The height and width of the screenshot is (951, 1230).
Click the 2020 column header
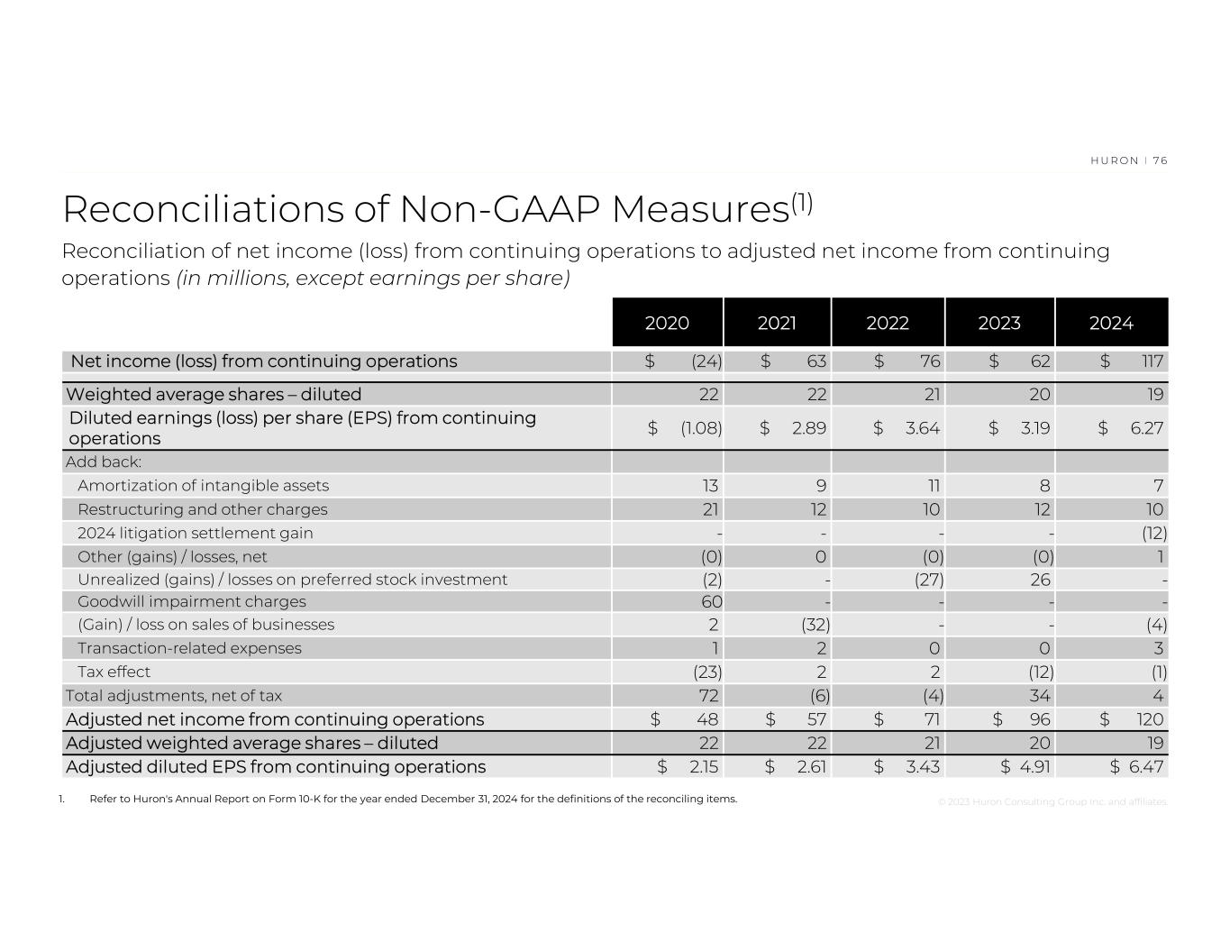click(x=667, y=323)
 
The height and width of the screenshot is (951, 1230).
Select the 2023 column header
click(x=999, y=323)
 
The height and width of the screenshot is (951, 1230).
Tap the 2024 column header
click(x=1111, y=323)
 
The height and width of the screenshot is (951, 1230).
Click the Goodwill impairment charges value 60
click(x=710, y=601)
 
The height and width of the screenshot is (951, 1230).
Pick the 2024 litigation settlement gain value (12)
click(x=1153, y=533)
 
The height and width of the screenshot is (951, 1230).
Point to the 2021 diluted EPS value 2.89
click(x=809, y=428)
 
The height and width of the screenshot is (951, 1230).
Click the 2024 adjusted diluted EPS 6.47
click(x=1146, y=766)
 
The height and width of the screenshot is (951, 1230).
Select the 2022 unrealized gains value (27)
click(x=928, y=580)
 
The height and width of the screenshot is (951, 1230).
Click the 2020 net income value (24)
click(x=706, y=361)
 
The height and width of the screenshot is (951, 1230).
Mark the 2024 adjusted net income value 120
click(x=1150, y=719)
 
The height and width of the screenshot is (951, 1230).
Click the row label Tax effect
click(x=114, y=672)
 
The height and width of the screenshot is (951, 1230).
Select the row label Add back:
click(x=104, y=462)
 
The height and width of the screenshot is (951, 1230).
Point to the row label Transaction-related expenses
click(x=189, y=648)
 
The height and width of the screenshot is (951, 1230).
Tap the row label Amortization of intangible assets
click(x=203, y=486)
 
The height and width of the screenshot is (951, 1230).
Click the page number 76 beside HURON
click(x=1160, y=160)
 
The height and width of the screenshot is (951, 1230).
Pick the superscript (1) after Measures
click(x=802, y=204)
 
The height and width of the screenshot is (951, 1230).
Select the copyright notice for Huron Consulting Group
click(x=1052, y=801)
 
